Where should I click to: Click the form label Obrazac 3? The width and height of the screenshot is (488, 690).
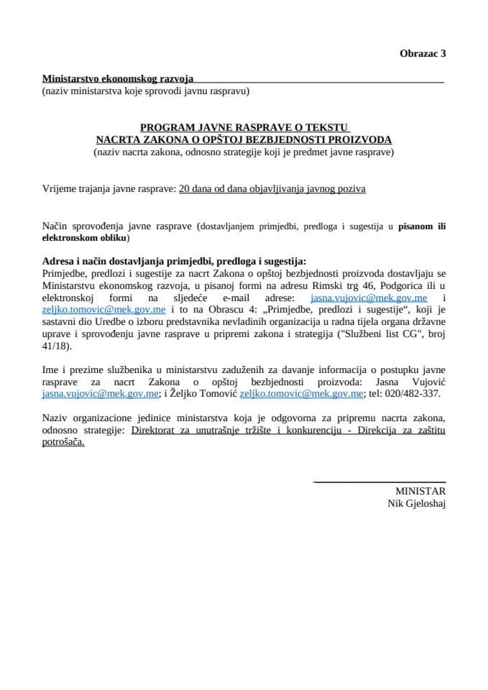click(423, 53)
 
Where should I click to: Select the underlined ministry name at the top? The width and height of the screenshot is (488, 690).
click(118, 79)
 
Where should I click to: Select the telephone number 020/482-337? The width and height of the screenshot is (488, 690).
click(417, 394)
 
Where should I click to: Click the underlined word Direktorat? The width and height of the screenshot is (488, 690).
click(155, 431)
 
